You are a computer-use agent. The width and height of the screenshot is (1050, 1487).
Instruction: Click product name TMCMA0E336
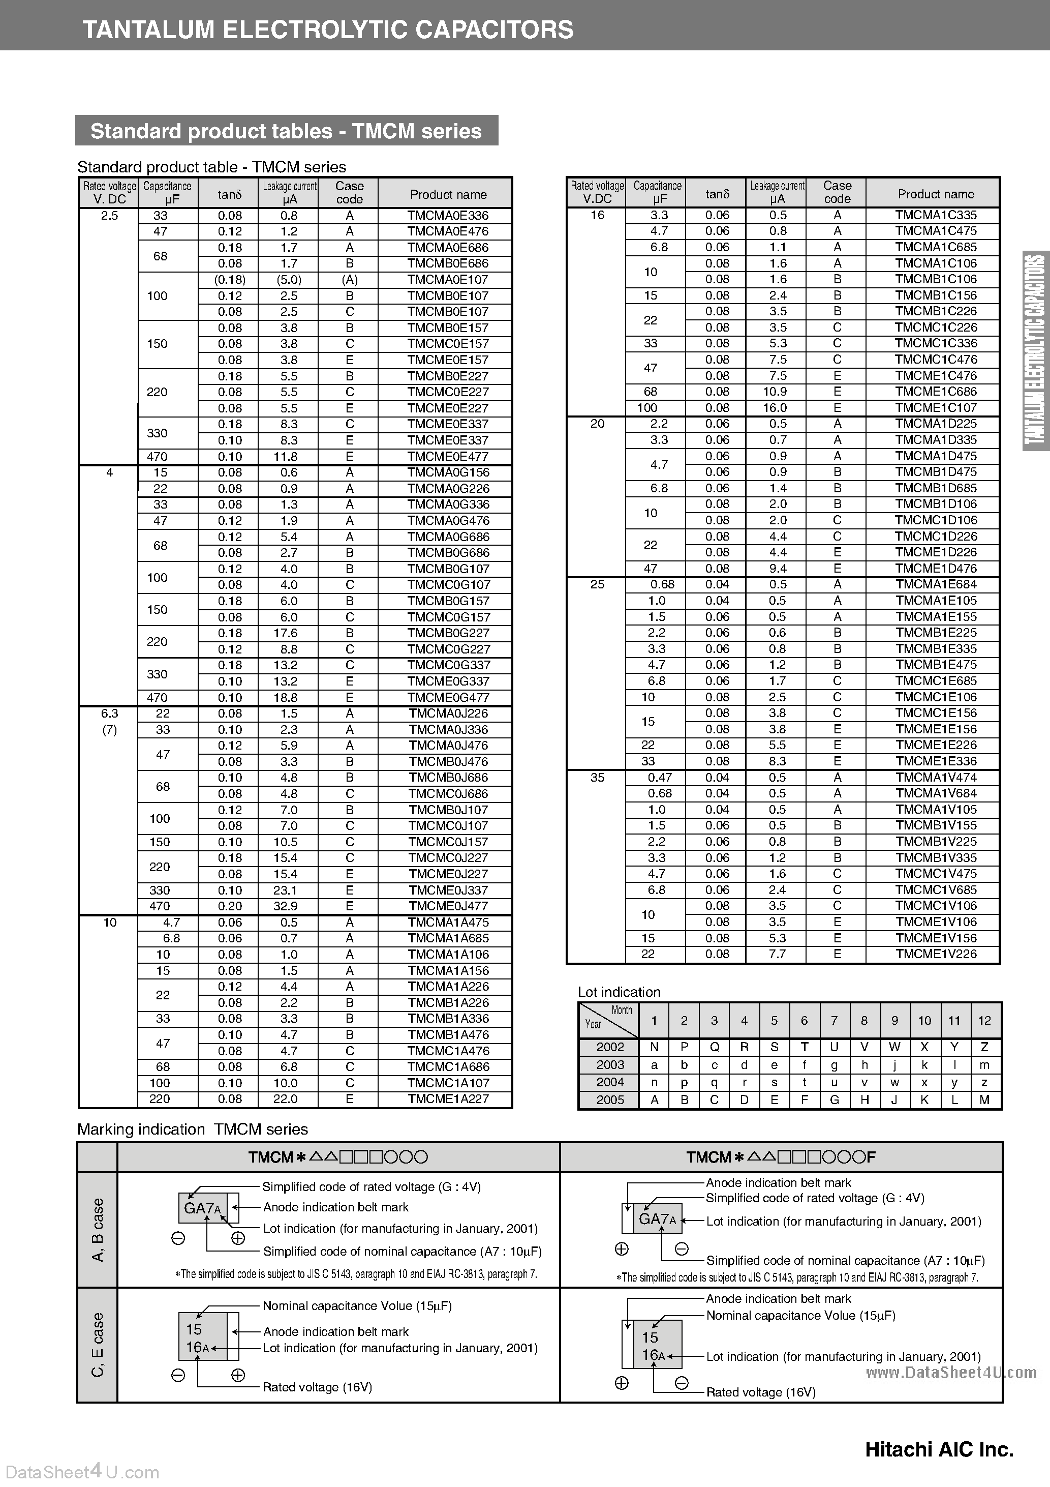point(448,216)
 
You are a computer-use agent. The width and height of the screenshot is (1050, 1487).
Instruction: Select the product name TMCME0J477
point(448,906)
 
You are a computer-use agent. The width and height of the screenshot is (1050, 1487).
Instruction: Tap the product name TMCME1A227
point(448,1099)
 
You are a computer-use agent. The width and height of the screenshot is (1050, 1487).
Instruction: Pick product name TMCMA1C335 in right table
point(936,215)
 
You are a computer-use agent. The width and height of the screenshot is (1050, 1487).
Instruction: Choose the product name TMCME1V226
point(936,954)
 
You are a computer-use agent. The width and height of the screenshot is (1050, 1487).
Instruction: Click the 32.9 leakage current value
point(289,906)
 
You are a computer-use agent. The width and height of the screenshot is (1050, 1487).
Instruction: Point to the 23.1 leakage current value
point(289,890)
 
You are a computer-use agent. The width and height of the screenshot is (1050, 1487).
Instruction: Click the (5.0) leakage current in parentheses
point(289,280)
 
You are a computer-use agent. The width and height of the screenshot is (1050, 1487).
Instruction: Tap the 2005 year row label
point(610,1099)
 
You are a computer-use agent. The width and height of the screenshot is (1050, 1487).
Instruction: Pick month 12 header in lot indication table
point(984,1021)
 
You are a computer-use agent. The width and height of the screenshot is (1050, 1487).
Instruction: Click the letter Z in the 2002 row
point(984,1047)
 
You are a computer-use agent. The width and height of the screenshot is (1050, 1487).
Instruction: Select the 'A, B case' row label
point(98,1230)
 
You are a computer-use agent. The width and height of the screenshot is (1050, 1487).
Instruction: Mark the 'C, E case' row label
point(98,1345)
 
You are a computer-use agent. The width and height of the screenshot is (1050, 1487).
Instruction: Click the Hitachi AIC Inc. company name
point(939,1449)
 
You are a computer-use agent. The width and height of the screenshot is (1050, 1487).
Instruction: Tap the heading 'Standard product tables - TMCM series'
point(286,131)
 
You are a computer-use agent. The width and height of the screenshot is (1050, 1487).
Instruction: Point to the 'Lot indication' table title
point(619,992)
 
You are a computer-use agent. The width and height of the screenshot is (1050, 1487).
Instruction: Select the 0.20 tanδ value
point(230,906)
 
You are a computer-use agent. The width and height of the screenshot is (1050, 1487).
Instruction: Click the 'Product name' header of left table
point(448,194)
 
